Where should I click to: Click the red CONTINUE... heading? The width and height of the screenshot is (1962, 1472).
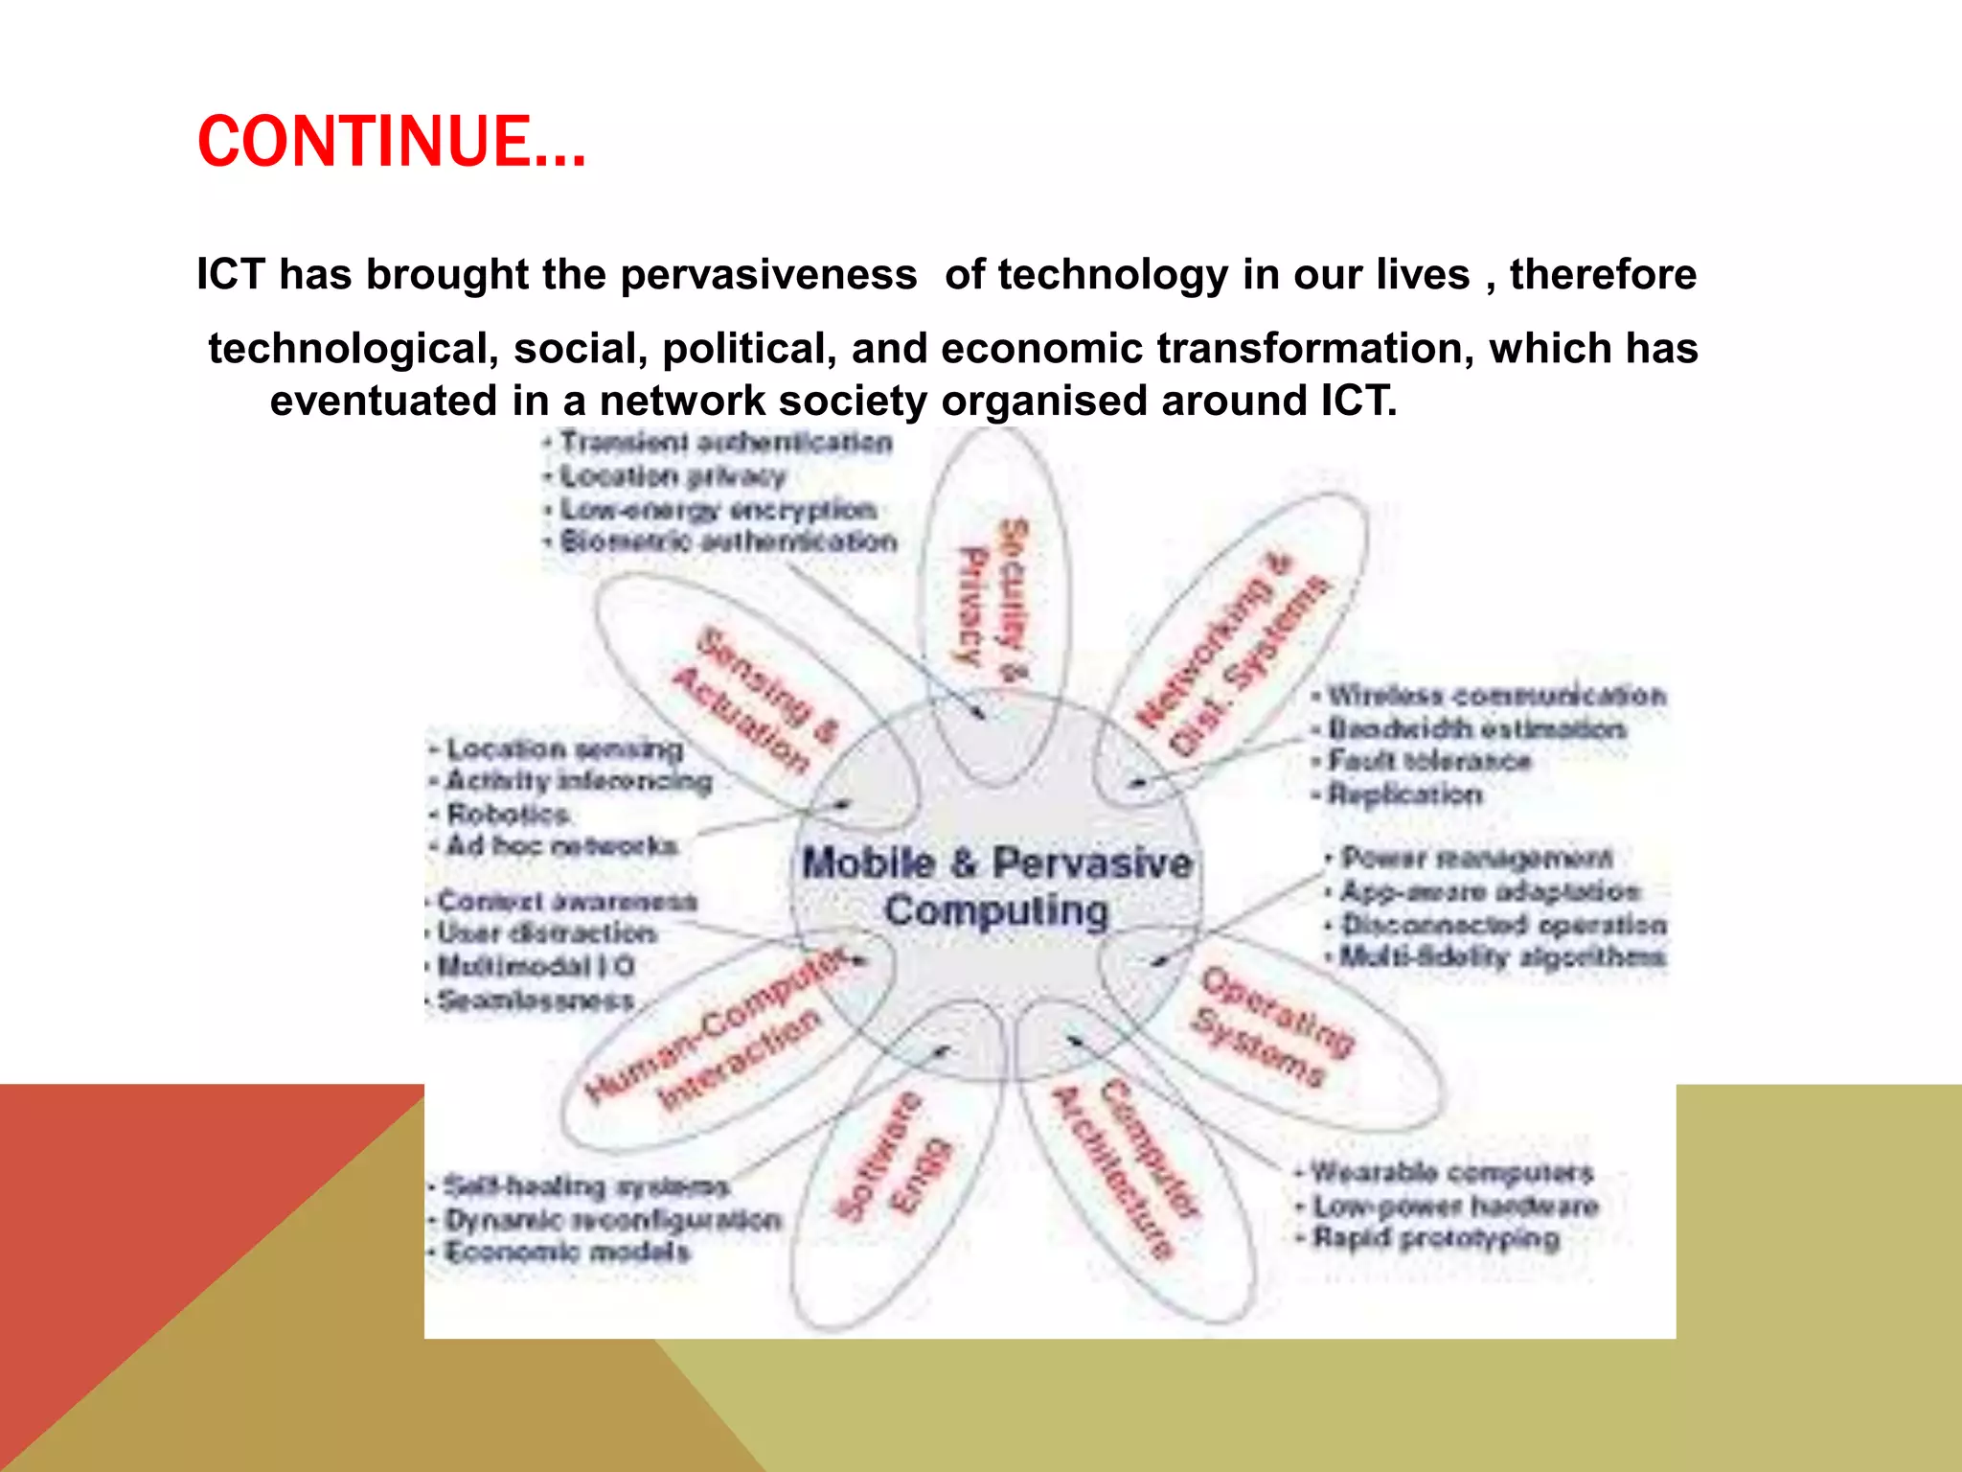tap(391, 142)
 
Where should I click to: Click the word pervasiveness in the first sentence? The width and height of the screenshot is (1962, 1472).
tap(768, 275)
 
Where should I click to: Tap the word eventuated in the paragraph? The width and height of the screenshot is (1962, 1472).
tap(383, 401)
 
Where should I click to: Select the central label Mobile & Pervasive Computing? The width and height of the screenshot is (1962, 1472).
tap(996, 886)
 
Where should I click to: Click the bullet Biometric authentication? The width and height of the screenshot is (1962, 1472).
tap(728, 541)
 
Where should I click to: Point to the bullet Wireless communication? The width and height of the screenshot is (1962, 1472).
tap(1495, 695)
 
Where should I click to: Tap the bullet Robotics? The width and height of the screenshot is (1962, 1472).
tap(508, 815)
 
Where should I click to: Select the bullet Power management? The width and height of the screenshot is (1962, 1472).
tap(1475, 857)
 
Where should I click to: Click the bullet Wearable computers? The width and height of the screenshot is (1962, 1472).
tap(1450, 1172)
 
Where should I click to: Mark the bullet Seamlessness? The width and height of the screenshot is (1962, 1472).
tap(536, 1000)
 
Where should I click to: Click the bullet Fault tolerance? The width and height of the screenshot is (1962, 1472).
tap(1428, 761)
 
